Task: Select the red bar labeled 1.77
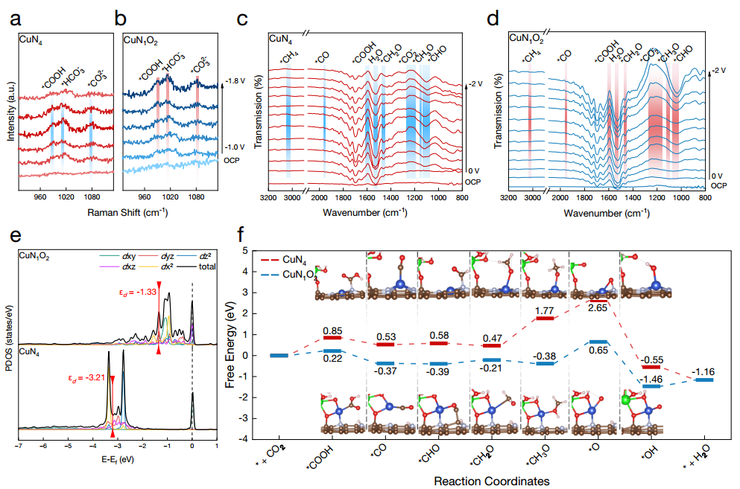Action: point(545,319)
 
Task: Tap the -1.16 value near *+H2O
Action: point(703,370)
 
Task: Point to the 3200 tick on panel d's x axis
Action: point(509,199)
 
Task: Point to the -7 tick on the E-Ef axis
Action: point(18,447)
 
